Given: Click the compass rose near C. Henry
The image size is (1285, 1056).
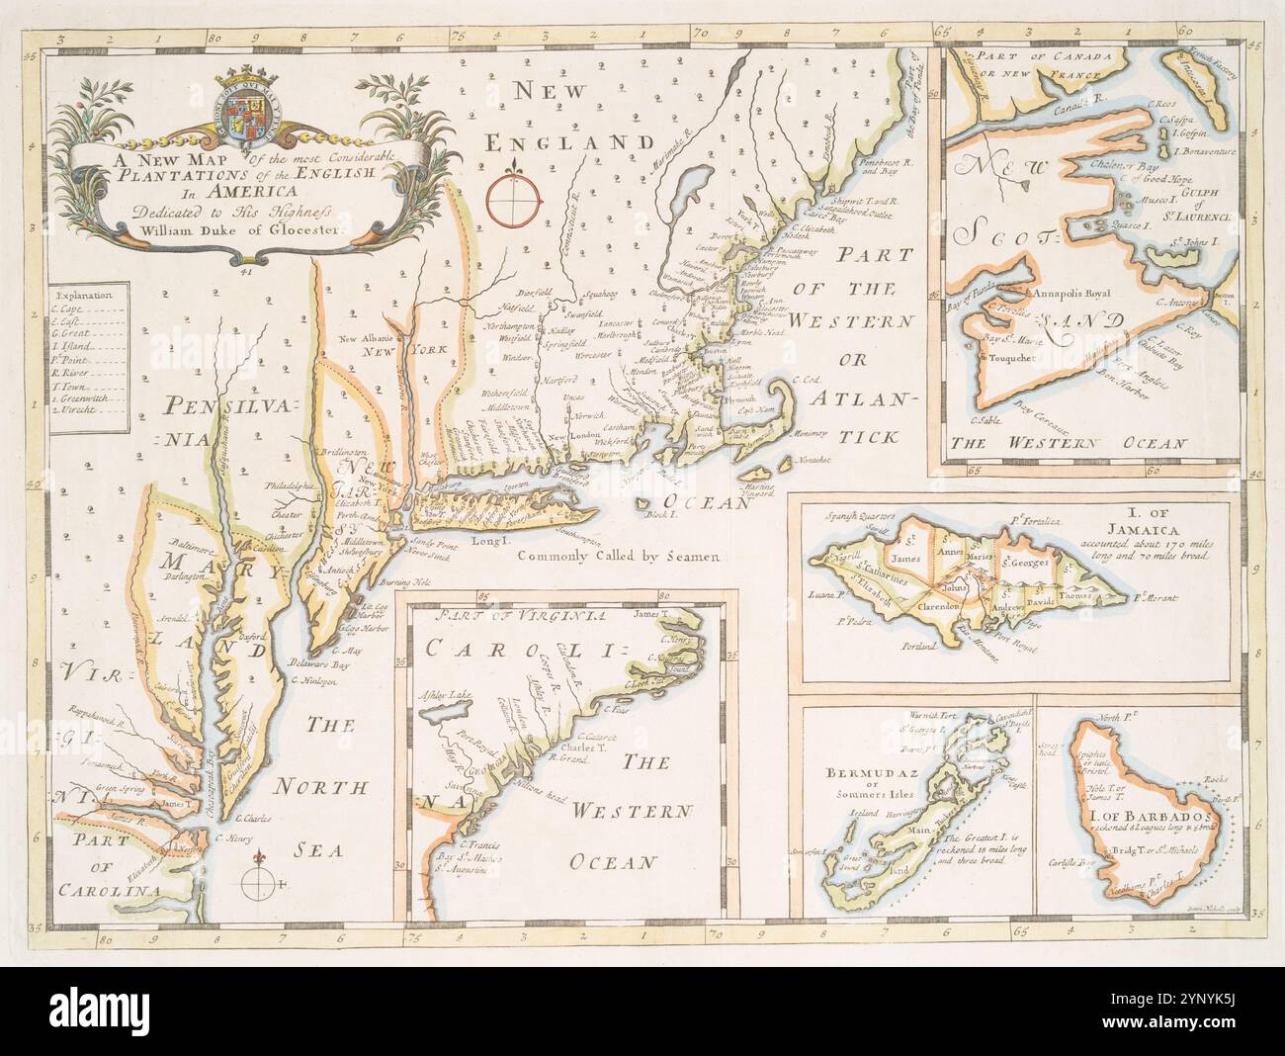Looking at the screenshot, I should (x=259, y=876).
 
